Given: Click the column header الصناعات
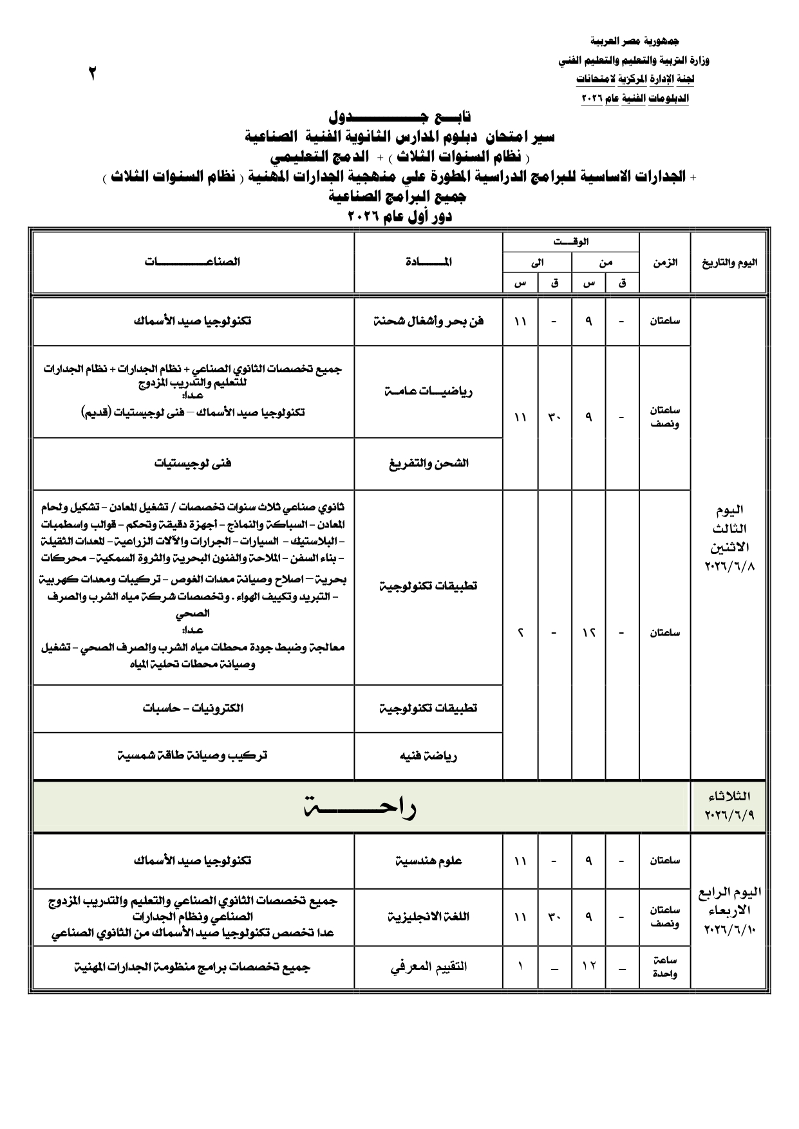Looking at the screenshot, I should pyautogui.click(x=193, y=262).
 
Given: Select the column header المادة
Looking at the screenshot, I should pyautogui.click(x=428, y=262).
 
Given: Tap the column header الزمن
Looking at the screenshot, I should pyautogui.click(x=664, y=262).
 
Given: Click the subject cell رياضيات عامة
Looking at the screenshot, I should pyautogui.click(x=428, y=392).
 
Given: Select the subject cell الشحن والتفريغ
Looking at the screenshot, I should pyautogui.click(x=428, y=463).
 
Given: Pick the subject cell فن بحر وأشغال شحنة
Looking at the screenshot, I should pyautogui.click(x=428, y=321).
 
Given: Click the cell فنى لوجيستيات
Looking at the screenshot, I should pyautogui.click(x=193, y=463).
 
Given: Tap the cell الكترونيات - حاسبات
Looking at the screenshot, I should pyautogui.click(x=193, y=708).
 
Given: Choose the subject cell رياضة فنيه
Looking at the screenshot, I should pyautogui.click(x=428, y=756).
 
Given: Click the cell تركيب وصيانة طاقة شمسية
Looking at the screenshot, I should pyautogui.click(x=193, y=755).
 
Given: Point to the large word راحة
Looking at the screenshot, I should pyautogui.click(x=361, y=808).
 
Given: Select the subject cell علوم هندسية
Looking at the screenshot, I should pyautogui.click(x=428, y=861).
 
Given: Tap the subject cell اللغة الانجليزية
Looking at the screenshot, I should pyautogui.click(x=428, y=916).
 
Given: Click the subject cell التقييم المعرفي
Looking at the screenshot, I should pyautogui.click(x=428, y=966).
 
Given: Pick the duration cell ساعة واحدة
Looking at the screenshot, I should pyautogui.click(x=664, y=967).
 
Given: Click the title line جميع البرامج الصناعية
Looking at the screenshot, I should pyautogui.click(x=399, y=196).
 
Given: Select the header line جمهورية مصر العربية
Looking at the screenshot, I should pyautogui.click(x=634, y=41).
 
